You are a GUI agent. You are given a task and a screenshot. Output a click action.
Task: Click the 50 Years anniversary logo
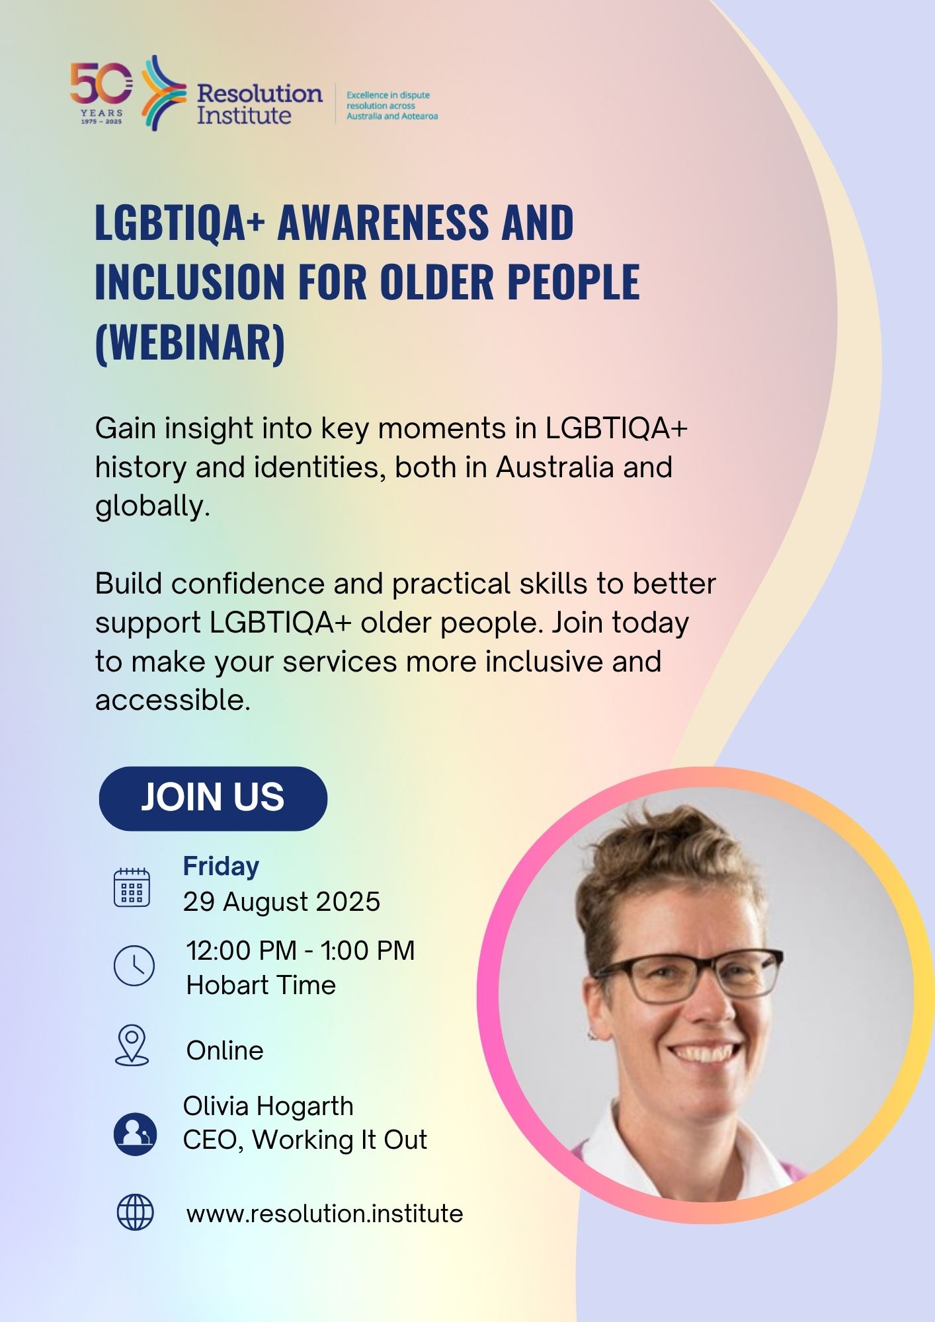pos(101,93)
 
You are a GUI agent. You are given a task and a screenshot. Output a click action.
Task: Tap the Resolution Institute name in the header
pos(259,104)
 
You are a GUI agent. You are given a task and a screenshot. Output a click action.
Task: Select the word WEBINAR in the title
pos(190,342)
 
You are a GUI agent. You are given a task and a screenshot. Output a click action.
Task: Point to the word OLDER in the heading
pos(436,282)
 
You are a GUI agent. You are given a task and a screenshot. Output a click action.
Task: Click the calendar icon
pos(132,887)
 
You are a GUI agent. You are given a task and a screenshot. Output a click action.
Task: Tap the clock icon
pos(134,966)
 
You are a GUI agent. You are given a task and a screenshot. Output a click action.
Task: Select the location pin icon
pos(132,1045)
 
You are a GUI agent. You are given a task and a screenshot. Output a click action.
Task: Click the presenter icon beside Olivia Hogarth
pos(135,1134)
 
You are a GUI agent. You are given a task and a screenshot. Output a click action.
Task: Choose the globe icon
pos(135,1212)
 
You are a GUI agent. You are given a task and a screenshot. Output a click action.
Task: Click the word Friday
pos(221,867)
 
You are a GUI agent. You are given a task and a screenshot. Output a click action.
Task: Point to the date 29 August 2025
pos(282,902)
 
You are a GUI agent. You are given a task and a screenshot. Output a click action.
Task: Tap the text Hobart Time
pos(261,985)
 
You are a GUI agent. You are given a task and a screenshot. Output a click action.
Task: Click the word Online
pos(225,1050)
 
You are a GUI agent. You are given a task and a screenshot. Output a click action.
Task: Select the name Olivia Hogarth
pos(268,1106)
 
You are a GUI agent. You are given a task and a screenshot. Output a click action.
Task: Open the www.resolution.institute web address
pos(325,1214)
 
